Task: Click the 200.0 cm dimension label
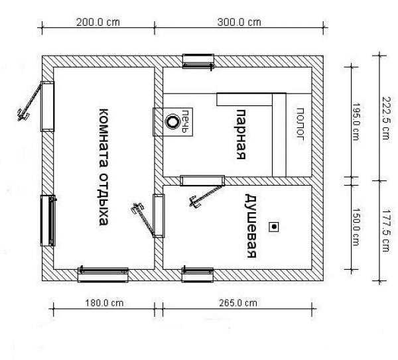pyautogui.click(x=98, y=23)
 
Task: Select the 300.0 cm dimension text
pyautogui.click(x=239, y=23)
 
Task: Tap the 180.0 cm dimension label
pyautogui.click(x=104, y=303)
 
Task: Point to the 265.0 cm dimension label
pyautogui.click(x=238, y=303)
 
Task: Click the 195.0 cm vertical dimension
pyautogui.click(x=356, y=121)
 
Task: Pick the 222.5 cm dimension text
pyautogui.click(x=385, y=118)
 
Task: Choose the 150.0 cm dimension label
pyautogui.click(x=356, y=227)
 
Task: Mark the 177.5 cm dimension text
pyautogui.click(x=386, y=230)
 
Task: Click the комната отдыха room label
pyautogui.click(x=103, y=167)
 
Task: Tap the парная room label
pyautogui.click(x=241, y=134)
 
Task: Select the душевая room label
pyautogui.click(x=251, y=226)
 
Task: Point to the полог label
pyautogui.click(x=300, y=123)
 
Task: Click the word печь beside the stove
pyautogui.click(x=186, y=121)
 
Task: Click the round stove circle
pyautogui.click(x=172, y=122)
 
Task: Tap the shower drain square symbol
pyautogui.click(x=274, y=227)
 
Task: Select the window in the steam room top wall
pyautogui.click(x=198, y=62)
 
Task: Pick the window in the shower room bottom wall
pyautogui.click(x=198, y=274)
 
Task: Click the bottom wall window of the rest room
pyautogui.click(x=103, y=274)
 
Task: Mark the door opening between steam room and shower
pyautogui.click(x=202, y=180)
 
